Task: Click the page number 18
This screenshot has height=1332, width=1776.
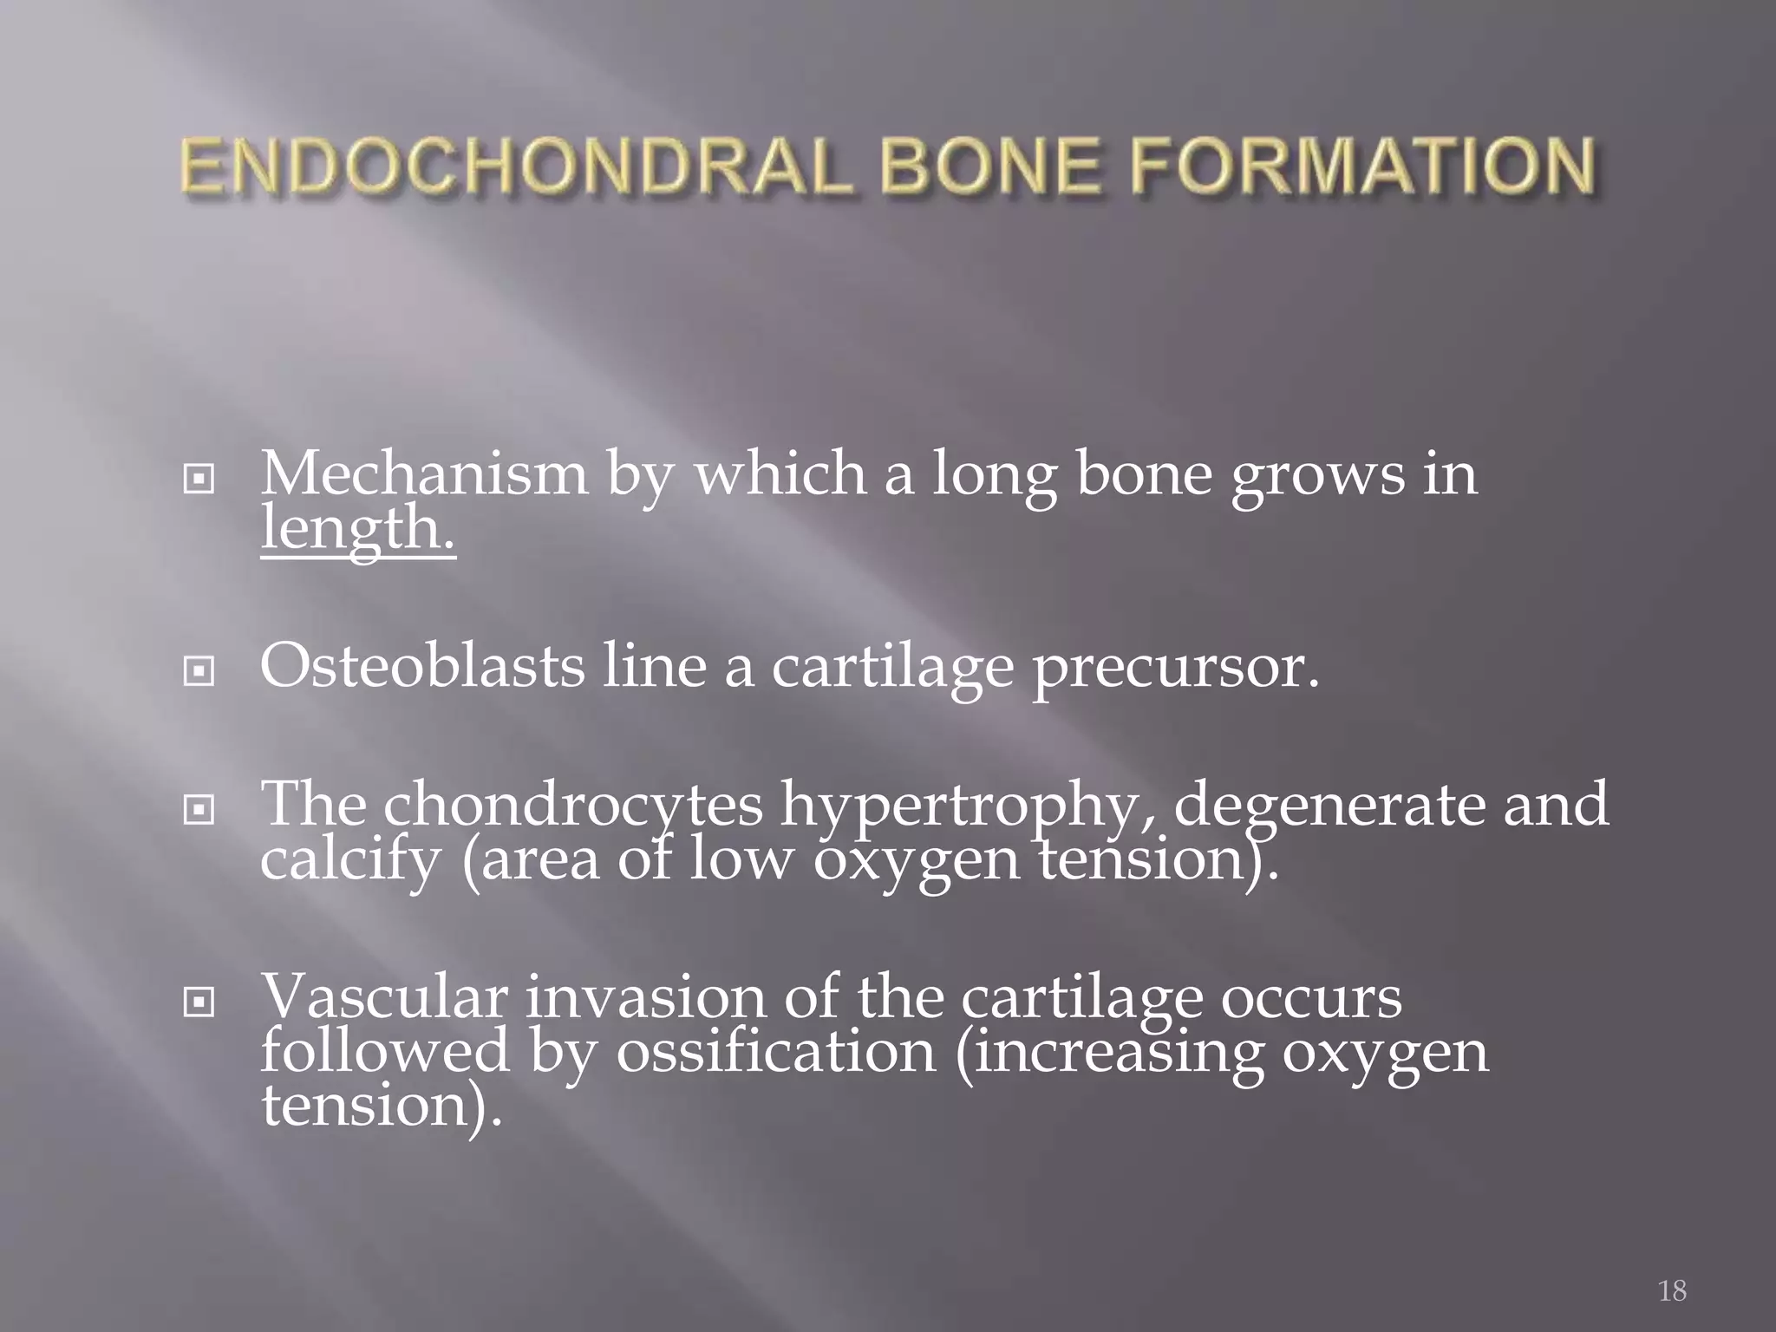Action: click(x=1672, y=1290)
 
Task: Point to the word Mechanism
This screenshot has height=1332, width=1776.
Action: click(x=423, y=474)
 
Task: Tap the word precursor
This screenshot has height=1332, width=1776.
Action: click(x=1175, y=668)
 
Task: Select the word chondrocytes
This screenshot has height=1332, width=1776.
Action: click(x=572, y=805)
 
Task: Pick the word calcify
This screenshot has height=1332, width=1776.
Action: click(x=350, y=860)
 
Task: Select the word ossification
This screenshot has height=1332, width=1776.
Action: click(x=777, y=1051)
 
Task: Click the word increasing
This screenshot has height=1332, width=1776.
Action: click(x=1109, y=1053)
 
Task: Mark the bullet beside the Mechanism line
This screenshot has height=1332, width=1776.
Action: click(x=199, y=478)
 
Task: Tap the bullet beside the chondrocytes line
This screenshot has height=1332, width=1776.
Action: click(x=199, y=810)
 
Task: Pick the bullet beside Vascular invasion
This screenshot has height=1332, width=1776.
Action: click(x=199, y=1002)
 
